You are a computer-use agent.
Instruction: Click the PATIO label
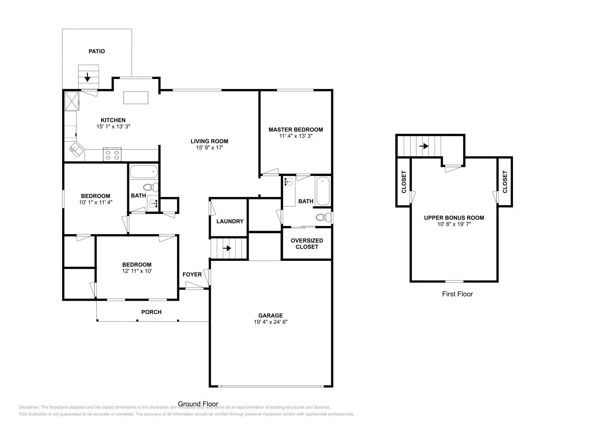97,51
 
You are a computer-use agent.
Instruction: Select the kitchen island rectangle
136,98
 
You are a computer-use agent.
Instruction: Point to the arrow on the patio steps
88,77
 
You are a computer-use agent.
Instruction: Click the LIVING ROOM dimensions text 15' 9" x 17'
209,148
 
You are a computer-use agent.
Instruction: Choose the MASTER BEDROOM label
295,130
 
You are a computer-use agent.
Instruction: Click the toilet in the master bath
323,217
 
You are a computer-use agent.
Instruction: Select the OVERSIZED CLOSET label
307,243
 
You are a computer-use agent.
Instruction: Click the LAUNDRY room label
230,221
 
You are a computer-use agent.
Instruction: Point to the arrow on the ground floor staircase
227,248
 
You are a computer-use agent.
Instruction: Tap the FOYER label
192,275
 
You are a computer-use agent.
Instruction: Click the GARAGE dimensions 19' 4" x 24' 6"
270,322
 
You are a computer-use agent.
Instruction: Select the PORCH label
151,312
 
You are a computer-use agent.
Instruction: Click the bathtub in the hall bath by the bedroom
144,172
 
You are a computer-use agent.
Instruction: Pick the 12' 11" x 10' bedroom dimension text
136,271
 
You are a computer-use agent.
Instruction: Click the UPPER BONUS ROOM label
454,218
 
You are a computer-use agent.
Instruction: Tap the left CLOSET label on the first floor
404,182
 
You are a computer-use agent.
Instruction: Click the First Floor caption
457,294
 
